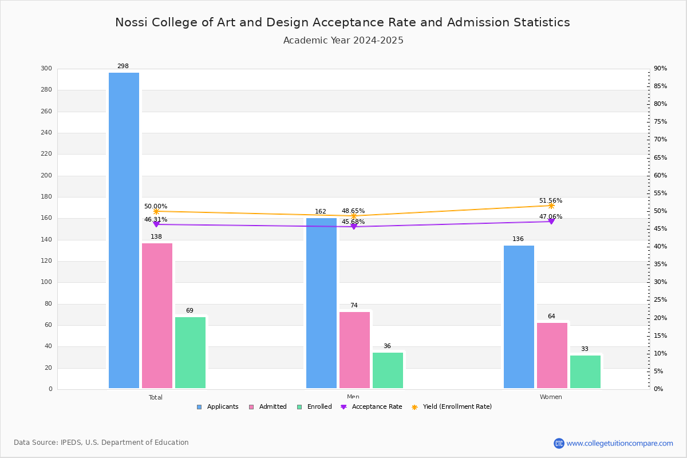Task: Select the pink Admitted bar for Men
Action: (x=354, y=350)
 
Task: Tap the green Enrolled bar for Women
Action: (x=585, y=372)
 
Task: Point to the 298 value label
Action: (x=123, y=66)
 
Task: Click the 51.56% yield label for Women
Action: (x=551, y=201)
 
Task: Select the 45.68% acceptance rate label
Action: (x=353, y=222)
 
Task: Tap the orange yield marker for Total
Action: (x=156, y=211)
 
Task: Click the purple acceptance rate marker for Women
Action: (x=551, y=221)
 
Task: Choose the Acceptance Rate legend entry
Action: (x=372, y=407)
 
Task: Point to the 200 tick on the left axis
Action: (x=46, y=176)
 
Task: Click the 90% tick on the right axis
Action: (x=660, y=69)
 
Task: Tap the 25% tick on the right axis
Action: (x=660, y=300)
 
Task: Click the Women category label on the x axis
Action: (x=551, y=397)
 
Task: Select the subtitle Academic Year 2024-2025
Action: (x=343, y=41)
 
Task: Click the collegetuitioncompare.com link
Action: (x=619, y=443)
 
